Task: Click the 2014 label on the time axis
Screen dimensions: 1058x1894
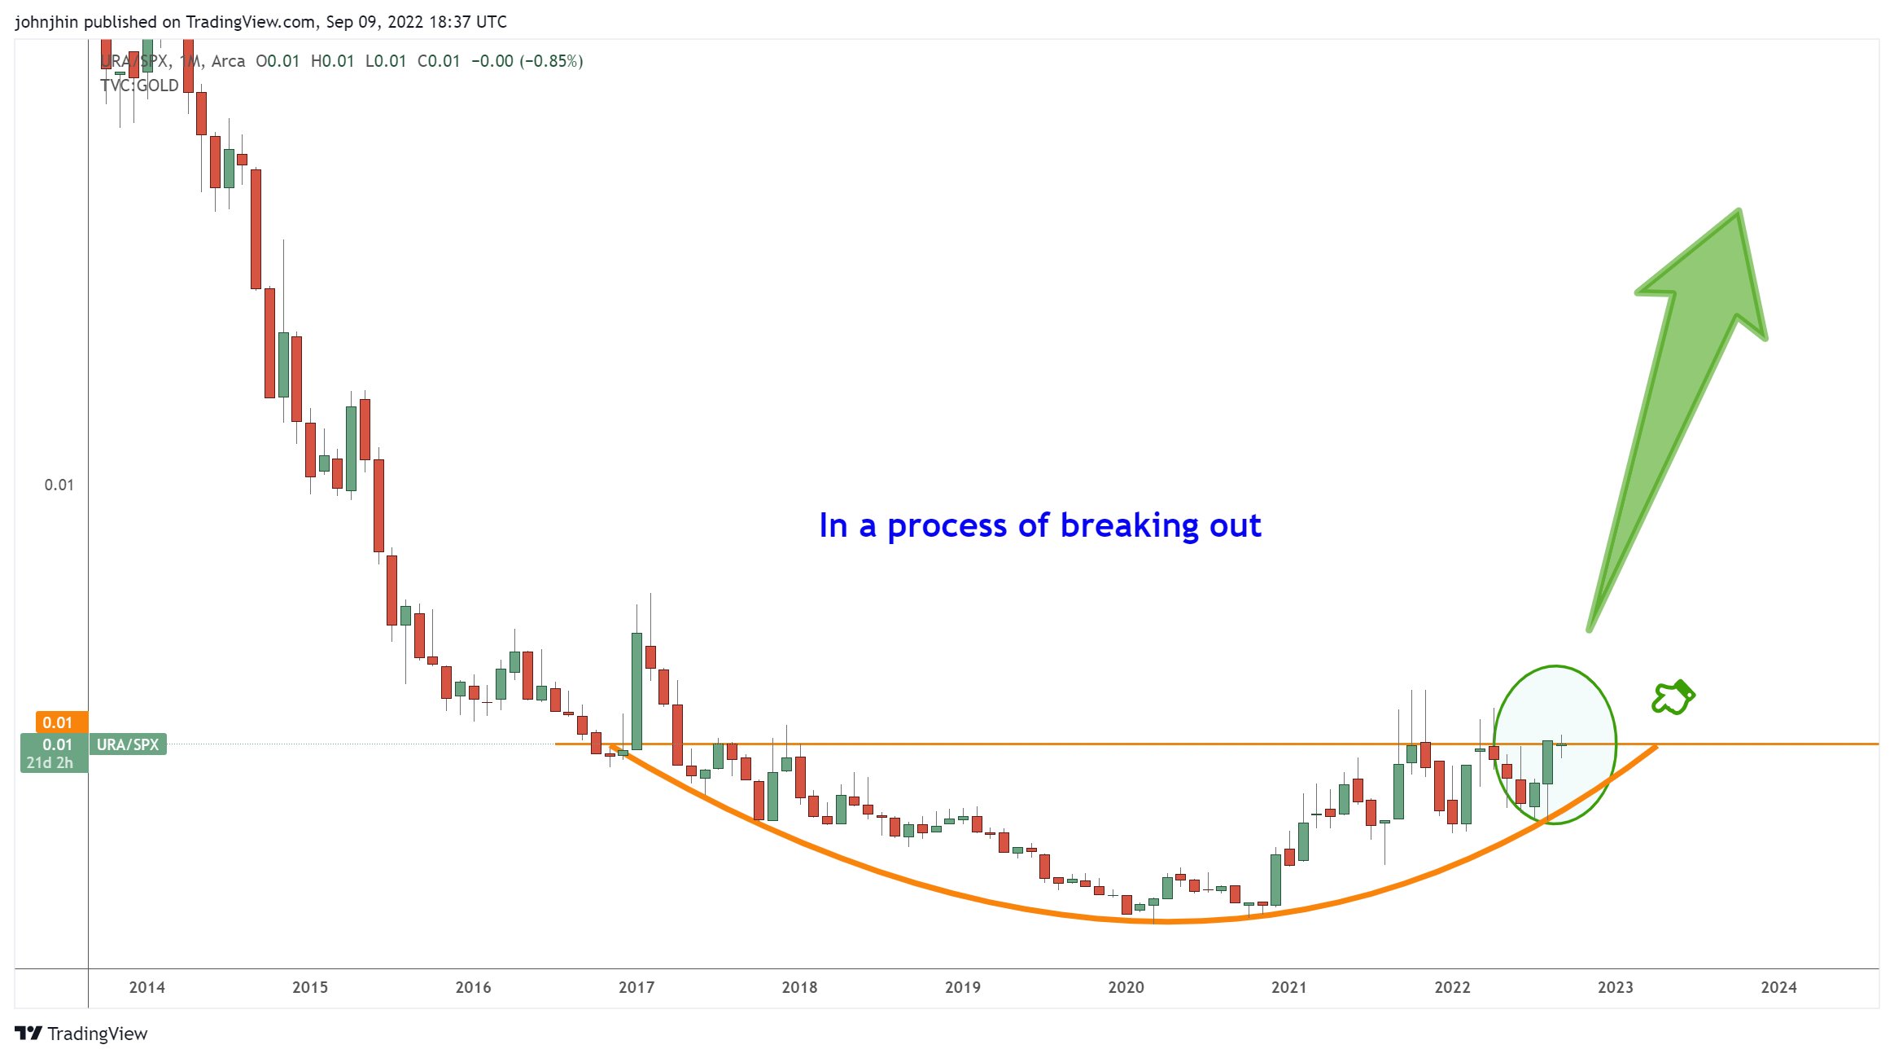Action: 147,987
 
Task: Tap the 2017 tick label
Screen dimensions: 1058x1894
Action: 636,987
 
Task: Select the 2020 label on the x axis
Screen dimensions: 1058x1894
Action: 1126,987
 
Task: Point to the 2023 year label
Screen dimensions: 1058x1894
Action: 1615,987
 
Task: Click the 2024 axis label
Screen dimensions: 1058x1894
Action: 1778,987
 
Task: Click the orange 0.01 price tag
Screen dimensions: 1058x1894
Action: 57,722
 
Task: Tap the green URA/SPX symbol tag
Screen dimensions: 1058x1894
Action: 128,744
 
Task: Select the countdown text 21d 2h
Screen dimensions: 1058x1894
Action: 50,763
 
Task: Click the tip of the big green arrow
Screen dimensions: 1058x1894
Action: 1738,213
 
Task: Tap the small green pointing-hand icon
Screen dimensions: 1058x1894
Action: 1673,698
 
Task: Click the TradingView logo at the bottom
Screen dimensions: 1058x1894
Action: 81,1034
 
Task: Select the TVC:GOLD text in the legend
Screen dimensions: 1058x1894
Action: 139,86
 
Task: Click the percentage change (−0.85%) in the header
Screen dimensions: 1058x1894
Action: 552,61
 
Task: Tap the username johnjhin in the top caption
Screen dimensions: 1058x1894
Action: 46,22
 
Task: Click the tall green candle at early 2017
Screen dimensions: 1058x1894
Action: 636,691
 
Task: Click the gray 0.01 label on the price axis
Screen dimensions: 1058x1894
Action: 59,485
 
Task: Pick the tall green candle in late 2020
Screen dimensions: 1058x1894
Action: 1275,880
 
